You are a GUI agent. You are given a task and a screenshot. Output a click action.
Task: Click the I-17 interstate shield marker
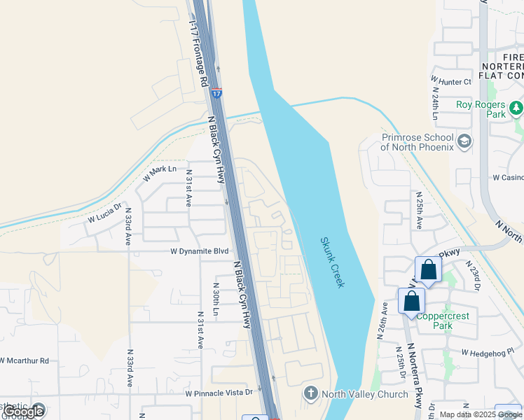click(x=217, y=92)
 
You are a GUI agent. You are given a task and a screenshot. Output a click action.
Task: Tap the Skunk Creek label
click(x=333, y=262)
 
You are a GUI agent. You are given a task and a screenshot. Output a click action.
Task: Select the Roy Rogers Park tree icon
click(x=516, y=108)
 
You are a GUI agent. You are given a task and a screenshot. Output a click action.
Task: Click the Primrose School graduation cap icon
click(x=464, y=142)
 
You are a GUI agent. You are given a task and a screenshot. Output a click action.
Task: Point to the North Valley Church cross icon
click(x=311, y=394)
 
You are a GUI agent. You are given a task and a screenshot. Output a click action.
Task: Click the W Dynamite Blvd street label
click(x=200, y=251)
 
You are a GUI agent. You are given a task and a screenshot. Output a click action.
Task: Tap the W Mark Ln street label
click(x=160, y=173)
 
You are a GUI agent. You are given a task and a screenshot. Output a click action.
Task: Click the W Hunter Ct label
click(x=452, y=82)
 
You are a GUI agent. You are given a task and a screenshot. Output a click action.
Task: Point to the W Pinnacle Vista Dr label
click(x=219, y=393)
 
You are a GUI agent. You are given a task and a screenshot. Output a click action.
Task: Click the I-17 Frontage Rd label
click(x=198, y=53)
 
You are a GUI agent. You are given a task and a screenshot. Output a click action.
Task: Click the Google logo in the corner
click(x=23, y=412)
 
